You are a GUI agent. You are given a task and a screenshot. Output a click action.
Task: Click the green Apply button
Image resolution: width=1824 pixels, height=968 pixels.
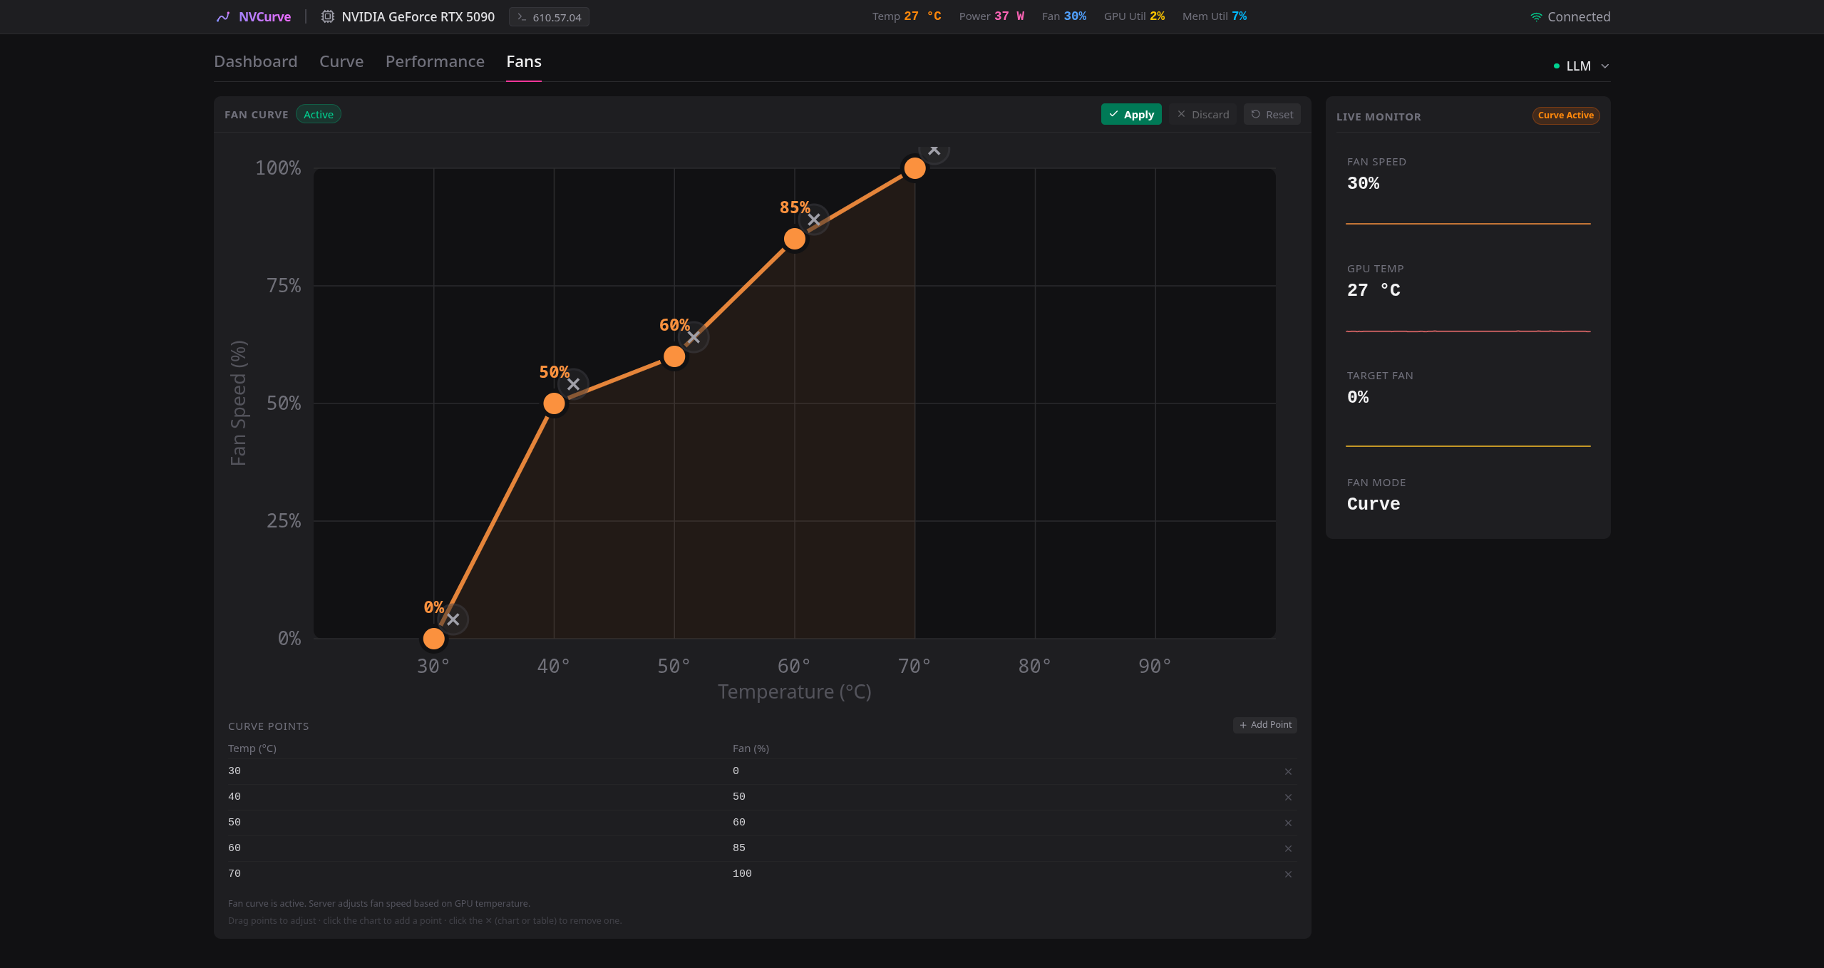point(1131,114)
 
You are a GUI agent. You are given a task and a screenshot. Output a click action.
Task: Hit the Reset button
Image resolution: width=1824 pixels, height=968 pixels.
point(1272,114)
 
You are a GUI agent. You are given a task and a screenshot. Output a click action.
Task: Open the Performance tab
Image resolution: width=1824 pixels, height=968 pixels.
point(435,61)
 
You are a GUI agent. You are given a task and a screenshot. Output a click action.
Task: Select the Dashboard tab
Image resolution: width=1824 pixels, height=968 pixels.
point(256,61)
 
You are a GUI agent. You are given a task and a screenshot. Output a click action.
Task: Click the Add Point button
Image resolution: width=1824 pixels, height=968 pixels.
point(1265,725)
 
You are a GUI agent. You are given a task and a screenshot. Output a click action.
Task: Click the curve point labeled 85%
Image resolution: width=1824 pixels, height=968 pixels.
point(795,239)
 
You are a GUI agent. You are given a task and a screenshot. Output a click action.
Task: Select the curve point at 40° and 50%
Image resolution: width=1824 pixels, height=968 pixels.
point(554,403)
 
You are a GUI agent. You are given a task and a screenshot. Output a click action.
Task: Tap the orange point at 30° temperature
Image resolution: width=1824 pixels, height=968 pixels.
point(433,639)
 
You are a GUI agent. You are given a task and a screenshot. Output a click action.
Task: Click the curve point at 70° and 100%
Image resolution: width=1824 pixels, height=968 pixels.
point(914,168)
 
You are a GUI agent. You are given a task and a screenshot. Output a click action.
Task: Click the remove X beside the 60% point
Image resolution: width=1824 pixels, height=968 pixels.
point(694,337)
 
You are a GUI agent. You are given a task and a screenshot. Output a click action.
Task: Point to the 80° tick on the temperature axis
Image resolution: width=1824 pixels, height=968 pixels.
point(1034,666)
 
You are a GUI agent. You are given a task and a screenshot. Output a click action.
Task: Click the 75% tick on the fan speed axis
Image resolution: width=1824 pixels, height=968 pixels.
point(284,286)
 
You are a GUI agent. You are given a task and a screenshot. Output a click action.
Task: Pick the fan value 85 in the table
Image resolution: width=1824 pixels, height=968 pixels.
point(739,848)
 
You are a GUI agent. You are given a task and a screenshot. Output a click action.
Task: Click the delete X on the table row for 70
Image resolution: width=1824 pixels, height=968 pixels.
point(1288,874)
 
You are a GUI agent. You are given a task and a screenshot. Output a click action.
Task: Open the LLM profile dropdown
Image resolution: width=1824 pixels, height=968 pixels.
point(1582,66)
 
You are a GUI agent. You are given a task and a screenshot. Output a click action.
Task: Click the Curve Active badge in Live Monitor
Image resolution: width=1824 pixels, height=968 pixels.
point(1566,115)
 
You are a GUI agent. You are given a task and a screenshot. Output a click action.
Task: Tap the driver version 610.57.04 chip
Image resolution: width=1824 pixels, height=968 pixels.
point(549,17)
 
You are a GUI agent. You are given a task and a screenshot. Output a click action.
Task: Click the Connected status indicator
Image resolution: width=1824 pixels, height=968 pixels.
point(1570,17)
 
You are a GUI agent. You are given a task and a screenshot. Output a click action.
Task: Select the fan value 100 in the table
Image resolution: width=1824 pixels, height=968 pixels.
point(742,873)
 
